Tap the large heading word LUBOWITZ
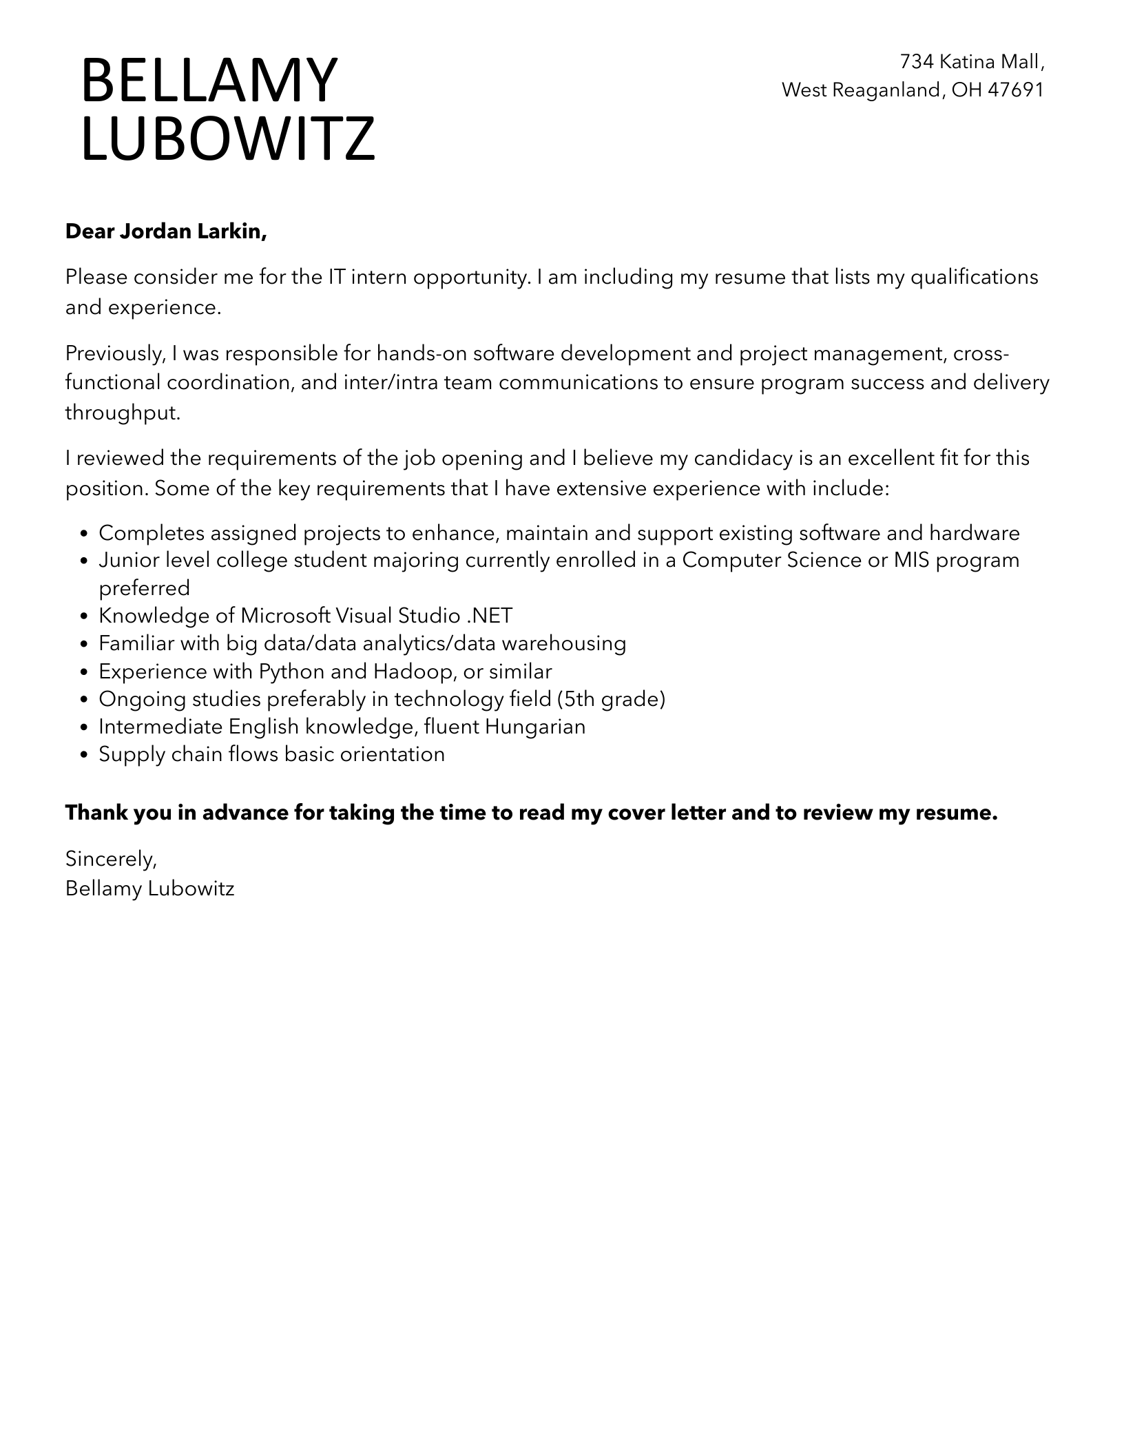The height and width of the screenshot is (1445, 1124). click(228, 138)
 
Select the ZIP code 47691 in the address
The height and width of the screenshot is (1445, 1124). click(1015, 90)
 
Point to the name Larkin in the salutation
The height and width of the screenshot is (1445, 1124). click(231, 231)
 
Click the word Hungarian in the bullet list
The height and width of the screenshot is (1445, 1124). click(535, 726)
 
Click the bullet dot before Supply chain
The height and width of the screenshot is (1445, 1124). click(84, 755)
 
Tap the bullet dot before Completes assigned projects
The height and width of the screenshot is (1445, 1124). click(84, 534)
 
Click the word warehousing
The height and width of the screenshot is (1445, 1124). click(563, 643)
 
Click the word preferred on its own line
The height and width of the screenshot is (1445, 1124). click(144, 588)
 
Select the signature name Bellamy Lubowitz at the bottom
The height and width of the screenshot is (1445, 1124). click(149, 888)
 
